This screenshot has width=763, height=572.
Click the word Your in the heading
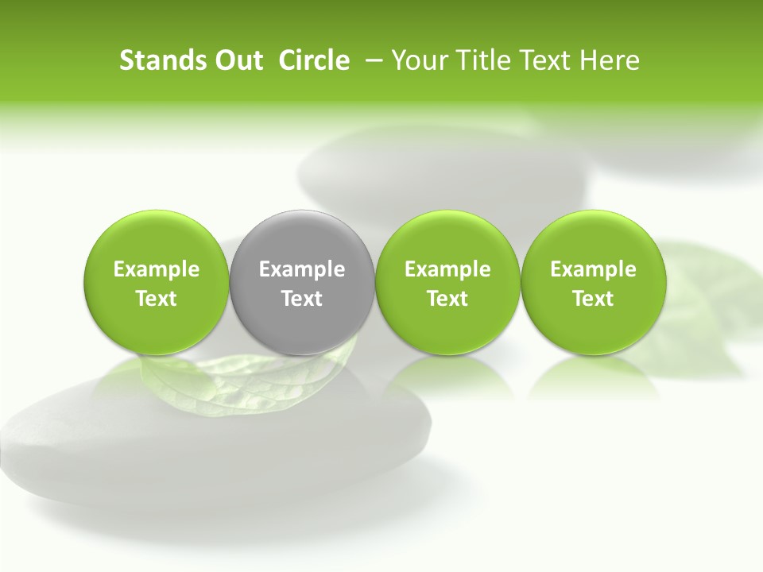(417, 60)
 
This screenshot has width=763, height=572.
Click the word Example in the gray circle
(302, 269)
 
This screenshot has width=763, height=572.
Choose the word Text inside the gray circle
(302, 299)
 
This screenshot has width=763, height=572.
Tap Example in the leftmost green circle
(156, 269)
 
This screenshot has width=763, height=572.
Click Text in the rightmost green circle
(593, 299)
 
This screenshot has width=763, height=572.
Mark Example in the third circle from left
(447, 269)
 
